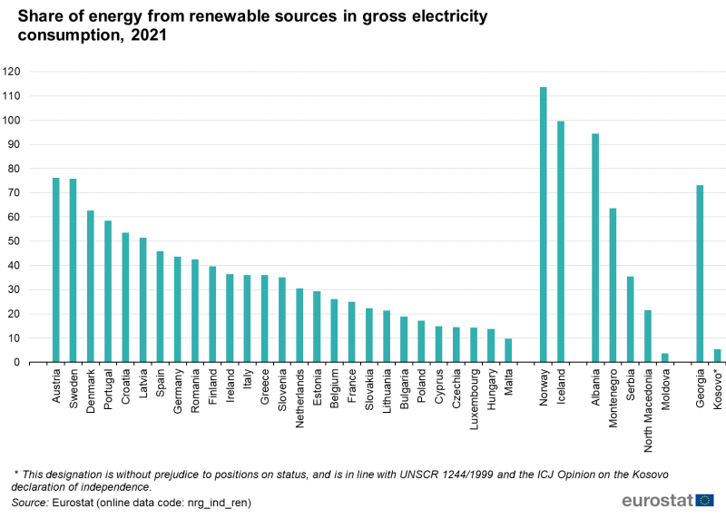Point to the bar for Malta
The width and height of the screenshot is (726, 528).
point(508,350)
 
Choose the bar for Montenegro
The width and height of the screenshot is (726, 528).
point(613,286)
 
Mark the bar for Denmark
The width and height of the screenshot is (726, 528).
point(91,287)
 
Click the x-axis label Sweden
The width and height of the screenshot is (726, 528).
point(74,386)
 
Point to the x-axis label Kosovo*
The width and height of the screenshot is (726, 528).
point(718,390)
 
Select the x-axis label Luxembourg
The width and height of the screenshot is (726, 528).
point(474,398)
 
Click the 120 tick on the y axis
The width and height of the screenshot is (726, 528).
point(12,72)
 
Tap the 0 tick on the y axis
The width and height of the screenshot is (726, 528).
point(17,363)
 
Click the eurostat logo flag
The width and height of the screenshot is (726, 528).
point(705,500)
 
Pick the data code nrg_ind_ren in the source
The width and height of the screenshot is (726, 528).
point(215,502)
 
